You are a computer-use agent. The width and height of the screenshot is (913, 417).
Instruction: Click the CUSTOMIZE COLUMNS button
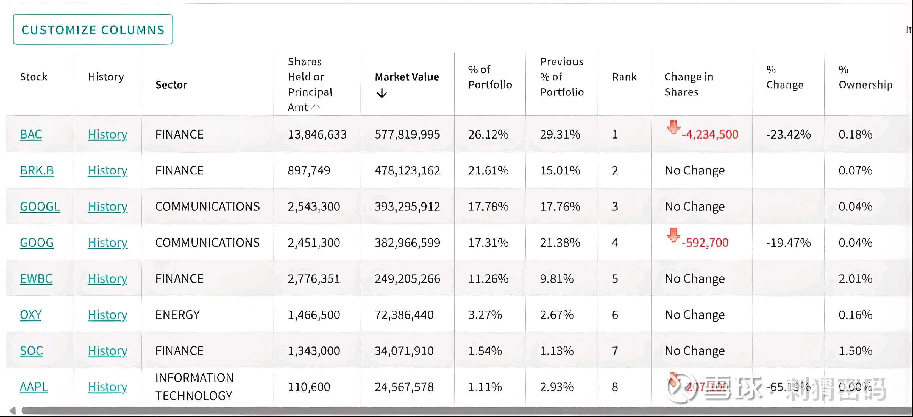[93, 30]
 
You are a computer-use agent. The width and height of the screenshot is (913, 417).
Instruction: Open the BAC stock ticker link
[31, 134]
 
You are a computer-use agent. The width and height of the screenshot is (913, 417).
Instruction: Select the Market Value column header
[407, 77]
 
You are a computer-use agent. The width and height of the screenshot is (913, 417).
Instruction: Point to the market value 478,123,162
[407, 171]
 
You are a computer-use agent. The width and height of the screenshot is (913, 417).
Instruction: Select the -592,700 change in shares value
[705, 243]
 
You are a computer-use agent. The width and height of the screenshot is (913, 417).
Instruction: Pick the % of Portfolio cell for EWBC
[488, 279]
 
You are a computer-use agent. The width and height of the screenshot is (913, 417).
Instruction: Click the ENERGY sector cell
[177, 315]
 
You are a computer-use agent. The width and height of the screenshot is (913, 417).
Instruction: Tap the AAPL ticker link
[34, 387]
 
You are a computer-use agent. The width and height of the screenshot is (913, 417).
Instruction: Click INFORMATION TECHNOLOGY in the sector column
[194, 387]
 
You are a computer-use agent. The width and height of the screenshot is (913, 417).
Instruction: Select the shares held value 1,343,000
[314, 351]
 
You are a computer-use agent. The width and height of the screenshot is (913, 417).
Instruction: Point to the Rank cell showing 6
[615, 315]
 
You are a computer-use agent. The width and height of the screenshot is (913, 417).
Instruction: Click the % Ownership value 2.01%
[855, 279]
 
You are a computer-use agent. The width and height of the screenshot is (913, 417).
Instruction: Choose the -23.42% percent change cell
[788, 134]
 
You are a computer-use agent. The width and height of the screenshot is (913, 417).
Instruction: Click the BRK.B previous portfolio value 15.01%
[560, 171]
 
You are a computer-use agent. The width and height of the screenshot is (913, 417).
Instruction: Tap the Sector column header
[171, 85]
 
